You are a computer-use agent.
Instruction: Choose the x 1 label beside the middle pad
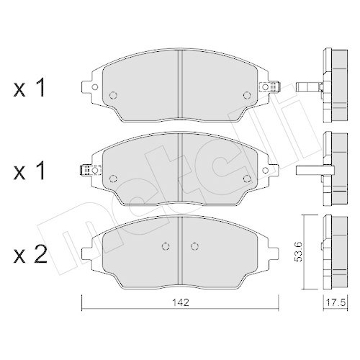pyautogui.click(x=30, y=171)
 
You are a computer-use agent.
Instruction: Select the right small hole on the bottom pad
pyautogui.click(x=194, y=245)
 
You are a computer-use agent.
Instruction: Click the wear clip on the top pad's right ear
pyautogui.click(x=270, y=87)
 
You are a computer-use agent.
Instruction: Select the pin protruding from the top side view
pyautogui.click(x=307, y=87)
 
